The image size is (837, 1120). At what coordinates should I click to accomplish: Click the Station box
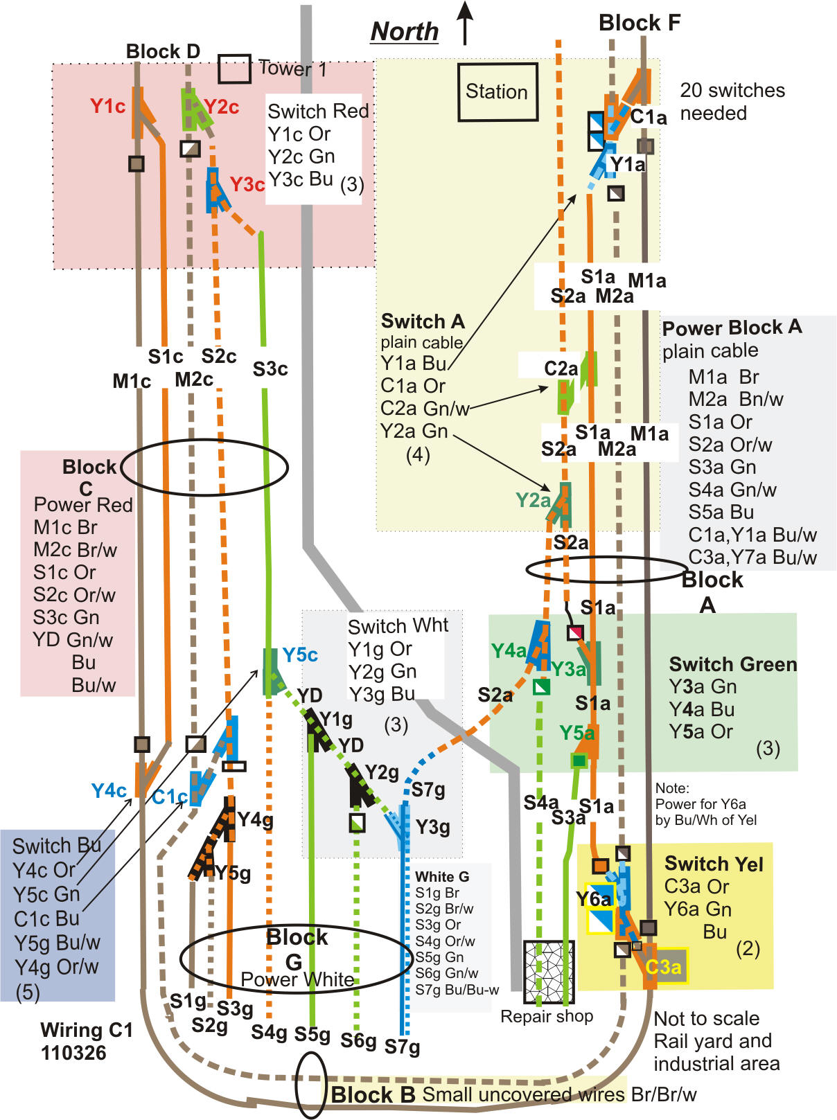[497, 92]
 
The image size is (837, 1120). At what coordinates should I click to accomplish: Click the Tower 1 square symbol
[234, 69]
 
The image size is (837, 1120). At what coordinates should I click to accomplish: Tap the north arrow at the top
[466, 23]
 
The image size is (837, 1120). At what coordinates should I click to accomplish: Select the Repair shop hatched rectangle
[548, 972]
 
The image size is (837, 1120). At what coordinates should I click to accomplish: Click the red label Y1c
[107, 106]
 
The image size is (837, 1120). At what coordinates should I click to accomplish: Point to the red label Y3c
[247, 185]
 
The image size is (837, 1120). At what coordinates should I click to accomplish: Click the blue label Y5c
[299, 655]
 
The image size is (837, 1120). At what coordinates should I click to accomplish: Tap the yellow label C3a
[663, 966]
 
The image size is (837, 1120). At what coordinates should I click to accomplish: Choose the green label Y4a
[508, 650]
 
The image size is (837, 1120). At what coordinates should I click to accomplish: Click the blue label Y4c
[109, 790]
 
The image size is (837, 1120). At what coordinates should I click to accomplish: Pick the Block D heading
[163, 51]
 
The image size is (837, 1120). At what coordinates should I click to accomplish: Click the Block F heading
[639, 23]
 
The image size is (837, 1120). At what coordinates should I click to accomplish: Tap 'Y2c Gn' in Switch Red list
[301, 157]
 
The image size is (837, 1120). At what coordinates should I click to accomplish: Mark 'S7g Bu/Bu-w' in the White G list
[457, 990]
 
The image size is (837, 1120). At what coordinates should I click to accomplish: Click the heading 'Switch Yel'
[713, 864]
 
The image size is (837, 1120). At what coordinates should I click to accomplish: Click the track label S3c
[270, 369]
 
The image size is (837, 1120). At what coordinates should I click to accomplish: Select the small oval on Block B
[310, 1085]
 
